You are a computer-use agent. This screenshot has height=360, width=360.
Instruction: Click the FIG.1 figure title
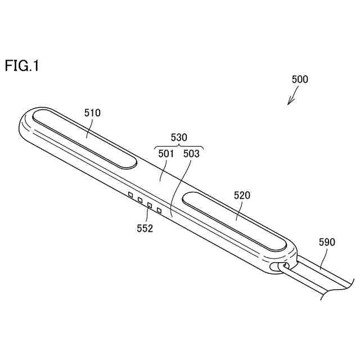coord(22,66)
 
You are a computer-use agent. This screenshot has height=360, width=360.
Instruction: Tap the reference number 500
coord(300,80)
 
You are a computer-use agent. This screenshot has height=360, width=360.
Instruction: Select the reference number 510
coord(92,112)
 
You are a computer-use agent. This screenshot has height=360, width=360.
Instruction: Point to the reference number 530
coord(178,137)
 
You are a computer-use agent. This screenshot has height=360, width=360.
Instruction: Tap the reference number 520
coord(242,195)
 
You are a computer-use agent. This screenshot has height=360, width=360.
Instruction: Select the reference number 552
coord(144,228)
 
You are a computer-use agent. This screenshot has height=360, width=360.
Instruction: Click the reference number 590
coord(327,242)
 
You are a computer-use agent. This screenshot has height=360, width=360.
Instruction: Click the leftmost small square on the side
coord(130,195)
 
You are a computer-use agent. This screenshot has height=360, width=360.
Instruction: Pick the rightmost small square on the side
coord(160,211)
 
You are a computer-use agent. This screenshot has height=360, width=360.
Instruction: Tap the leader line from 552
coord(148,214)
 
